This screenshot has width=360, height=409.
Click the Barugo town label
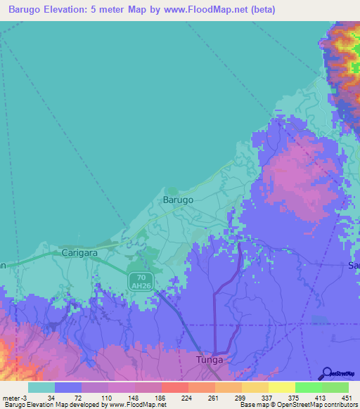tap(178, 200)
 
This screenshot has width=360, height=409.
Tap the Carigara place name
tap(78, 252)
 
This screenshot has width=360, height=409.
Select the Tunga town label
tap(210, 360)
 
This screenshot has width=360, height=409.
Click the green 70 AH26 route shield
tap(139, 280)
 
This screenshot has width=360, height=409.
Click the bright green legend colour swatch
tap(309, 387)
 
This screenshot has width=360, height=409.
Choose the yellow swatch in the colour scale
tap(282, 387)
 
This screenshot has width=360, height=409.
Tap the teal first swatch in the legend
tap(41, 387)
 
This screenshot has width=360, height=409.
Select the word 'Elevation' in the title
tap(75, 9)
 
